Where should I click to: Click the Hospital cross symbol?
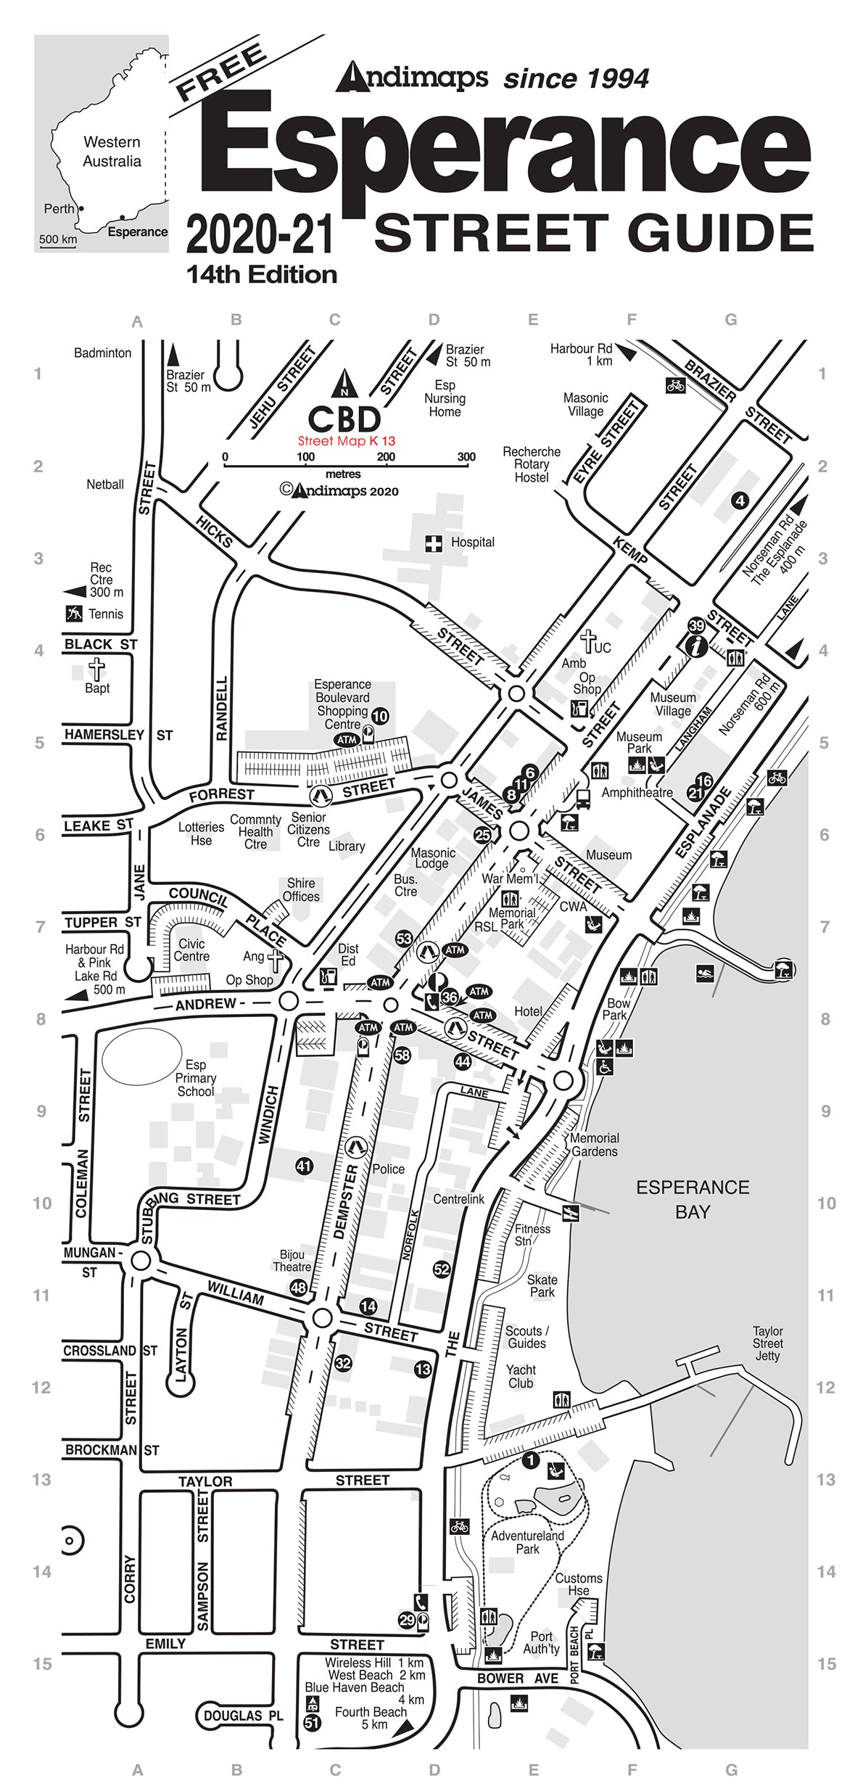(433, 543)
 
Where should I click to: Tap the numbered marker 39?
(696, 625)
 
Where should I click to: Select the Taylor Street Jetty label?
(767, 1343)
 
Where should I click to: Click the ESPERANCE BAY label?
(693, 1199)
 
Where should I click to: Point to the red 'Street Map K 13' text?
(347, 441)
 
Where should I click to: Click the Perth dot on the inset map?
(80, 209)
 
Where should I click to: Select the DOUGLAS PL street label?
(242, 1716)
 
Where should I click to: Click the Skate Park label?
(542, 1286)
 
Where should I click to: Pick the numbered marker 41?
(304, 1166)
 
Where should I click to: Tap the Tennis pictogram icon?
(74, 614)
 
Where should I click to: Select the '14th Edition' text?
(262, 275)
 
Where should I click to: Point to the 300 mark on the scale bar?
(466, 457)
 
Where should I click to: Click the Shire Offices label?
(301, 889)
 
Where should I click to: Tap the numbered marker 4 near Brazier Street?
(740, 501)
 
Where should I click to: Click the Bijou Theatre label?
(292, 1261)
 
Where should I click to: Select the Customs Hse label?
(578, 1584)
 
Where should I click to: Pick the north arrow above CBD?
(344, 382)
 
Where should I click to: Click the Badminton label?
(103, 353)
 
